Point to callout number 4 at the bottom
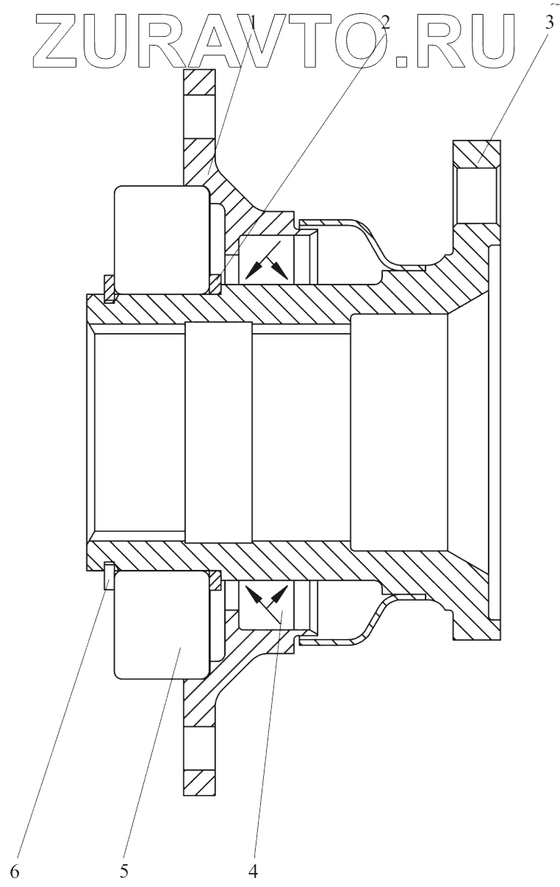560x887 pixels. (253, 871)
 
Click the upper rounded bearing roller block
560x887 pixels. (162, 239)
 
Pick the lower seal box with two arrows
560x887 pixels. (267, 604)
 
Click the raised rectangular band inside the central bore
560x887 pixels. (219, 432)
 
